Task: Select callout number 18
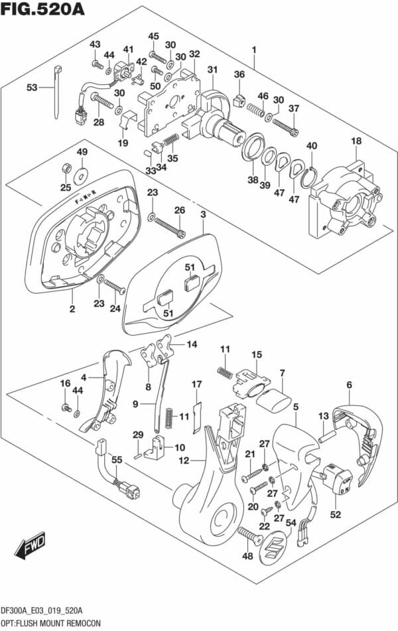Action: tap(357, 141)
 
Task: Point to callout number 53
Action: tap(32, 87)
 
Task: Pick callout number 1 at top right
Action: tap(253, 49)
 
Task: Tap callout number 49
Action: tap(82, 153)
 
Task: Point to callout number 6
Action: tap(349, 384)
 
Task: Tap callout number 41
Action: tap(128, 49)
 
